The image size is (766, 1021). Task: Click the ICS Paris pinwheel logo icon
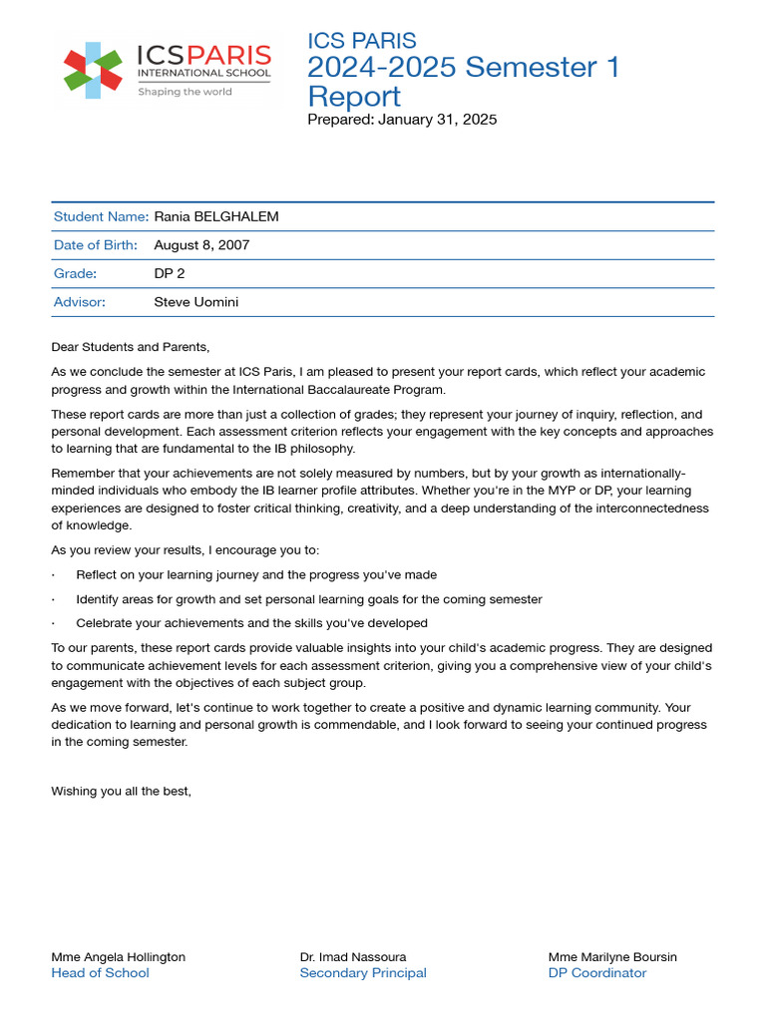[93, 70]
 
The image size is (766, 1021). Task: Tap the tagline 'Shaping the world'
[185, 92]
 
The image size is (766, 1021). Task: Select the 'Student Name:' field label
[101, 216]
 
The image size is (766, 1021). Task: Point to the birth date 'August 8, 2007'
[201, 244]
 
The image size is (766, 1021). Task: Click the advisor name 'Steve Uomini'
[196, 302]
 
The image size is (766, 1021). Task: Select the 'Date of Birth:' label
[95, 244]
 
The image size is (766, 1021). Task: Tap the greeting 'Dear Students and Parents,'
[131, 347]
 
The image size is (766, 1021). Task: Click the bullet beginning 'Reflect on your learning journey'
[256, 575]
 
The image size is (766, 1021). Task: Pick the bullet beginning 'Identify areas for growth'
[309, 599]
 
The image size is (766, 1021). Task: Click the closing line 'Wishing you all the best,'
[121, 791]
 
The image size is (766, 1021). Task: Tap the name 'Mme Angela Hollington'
[118, 957]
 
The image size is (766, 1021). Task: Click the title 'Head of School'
[100, 973]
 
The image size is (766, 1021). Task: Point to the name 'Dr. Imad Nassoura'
[353, 957]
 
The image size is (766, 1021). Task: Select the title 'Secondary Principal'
[363, 973]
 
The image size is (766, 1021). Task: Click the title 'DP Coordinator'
[597, 973]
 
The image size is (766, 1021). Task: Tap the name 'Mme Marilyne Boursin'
[612, 957]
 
